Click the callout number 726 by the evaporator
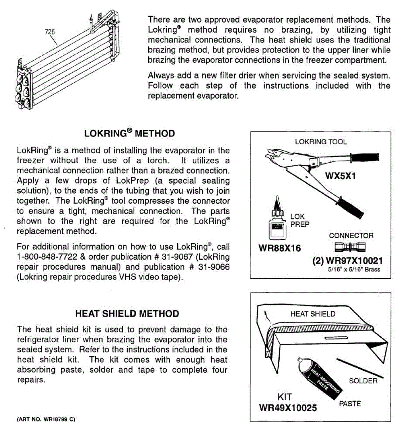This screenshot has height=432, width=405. point(50,32)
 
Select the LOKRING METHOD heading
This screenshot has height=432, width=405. point(129,133)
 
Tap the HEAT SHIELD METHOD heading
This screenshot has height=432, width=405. point(127,314)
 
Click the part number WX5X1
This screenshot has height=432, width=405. point(340,176)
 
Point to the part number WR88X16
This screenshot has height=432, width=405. point(279,248)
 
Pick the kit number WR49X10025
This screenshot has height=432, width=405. point(288,408)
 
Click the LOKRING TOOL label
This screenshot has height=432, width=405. point(320,141)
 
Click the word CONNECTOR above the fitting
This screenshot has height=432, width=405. point(351,236)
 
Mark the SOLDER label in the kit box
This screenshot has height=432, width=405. point(363,381)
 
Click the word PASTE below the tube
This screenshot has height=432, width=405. point(350,404)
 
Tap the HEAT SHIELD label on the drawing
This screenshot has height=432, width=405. point(312,314)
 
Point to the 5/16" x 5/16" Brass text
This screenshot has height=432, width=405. point(354,269)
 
